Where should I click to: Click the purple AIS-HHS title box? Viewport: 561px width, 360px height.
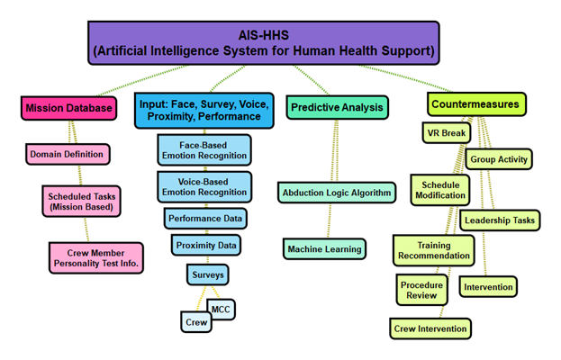264,42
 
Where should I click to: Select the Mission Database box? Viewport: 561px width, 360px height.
69,109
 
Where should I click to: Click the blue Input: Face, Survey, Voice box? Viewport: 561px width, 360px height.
203,110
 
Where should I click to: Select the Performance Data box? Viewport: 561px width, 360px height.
206,219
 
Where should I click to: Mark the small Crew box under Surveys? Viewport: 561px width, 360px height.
196,321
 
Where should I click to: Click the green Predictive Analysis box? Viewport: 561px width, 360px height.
337,107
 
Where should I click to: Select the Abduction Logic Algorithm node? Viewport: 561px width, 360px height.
337,193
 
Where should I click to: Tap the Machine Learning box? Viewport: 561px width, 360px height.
325,248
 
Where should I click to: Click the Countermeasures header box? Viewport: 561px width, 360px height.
475,104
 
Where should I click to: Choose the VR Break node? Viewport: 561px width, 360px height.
442,134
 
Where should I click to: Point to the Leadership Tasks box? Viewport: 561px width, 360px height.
500,220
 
